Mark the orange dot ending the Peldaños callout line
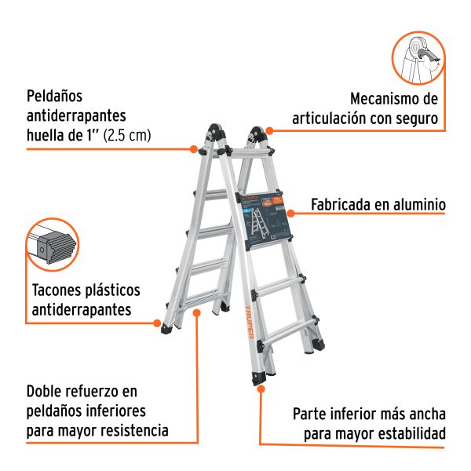pos(194,148)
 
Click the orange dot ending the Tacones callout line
pos(157,322)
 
